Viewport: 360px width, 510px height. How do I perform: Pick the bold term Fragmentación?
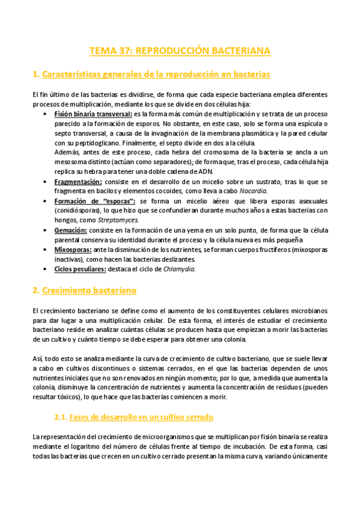(78, 182)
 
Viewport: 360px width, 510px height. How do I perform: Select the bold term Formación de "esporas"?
(95, 201)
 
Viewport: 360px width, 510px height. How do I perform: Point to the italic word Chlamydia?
(180, 268)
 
